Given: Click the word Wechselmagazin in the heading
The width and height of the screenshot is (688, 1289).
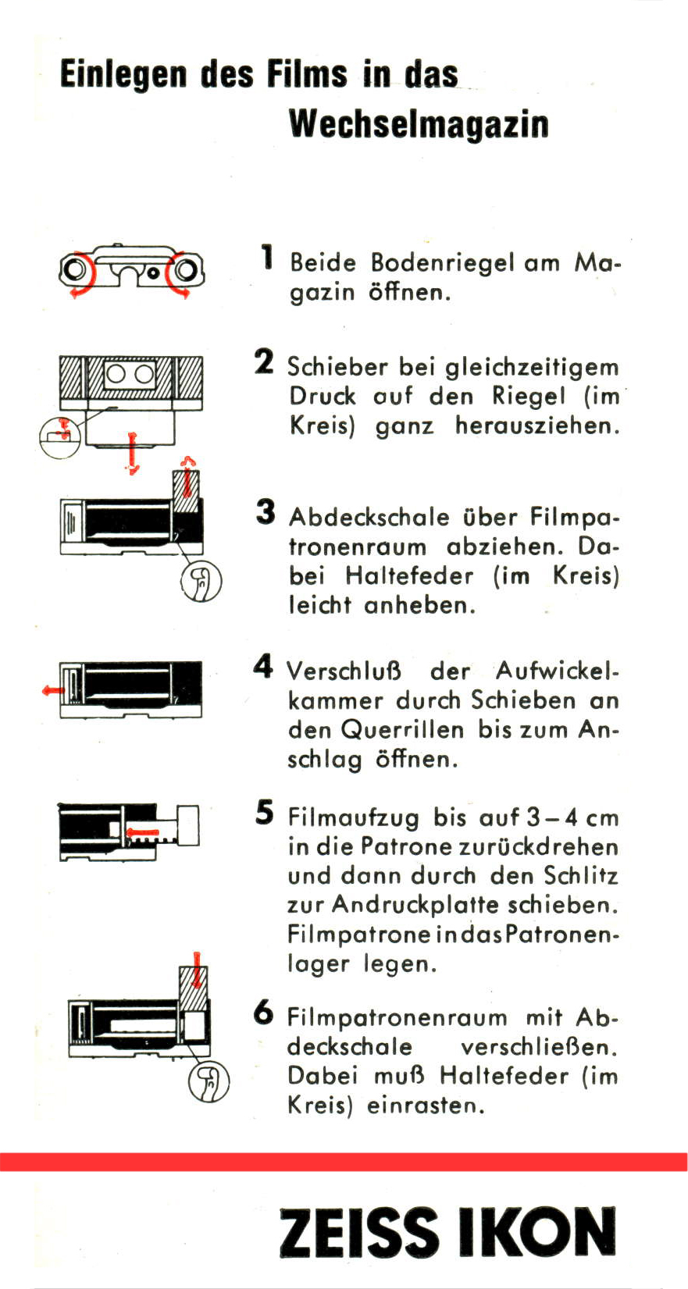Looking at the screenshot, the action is tap(419, 125).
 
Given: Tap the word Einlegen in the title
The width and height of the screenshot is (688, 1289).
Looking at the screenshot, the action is tap(123, 76).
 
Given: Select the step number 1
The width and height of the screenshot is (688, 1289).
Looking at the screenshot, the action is tap(266, 257).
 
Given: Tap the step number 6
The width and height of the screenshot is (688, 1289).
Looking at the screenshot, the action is tap(264, 1013).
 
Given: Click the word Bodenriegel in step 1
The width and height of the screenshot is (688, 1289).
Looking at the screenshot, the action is tap(442, 263).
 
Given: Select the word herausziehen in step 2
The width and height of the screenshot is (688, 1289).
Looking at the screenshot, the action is tap(538, 426).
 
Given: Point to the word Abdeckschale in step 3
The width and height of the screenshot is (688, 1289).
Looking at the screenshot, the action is tap(369, 517).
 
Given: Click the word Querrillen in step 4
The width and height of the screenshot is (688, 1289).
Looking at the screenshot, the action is tap(402, 730).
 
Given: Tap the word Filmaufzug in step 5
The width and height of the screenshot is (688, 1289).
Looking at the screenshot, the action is tap(354, 817).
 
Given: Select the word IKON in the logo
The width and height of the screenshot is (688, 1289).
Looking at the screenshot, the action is tap(536, 1232).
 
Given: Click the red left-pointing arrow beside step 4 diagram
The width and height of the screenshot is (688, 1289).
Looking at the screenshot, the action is tap(53, 689).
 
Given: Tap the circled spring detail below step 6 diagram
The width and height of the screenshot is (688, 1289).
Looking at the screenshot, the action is tap(209, 1081).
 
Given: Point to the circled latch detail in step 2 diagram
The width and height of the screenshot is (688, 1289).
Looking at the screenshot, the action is tap(59, 437).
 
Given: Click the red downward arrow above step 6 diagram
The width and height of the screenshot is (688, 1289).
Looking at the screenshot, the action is tap(197, 970).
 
